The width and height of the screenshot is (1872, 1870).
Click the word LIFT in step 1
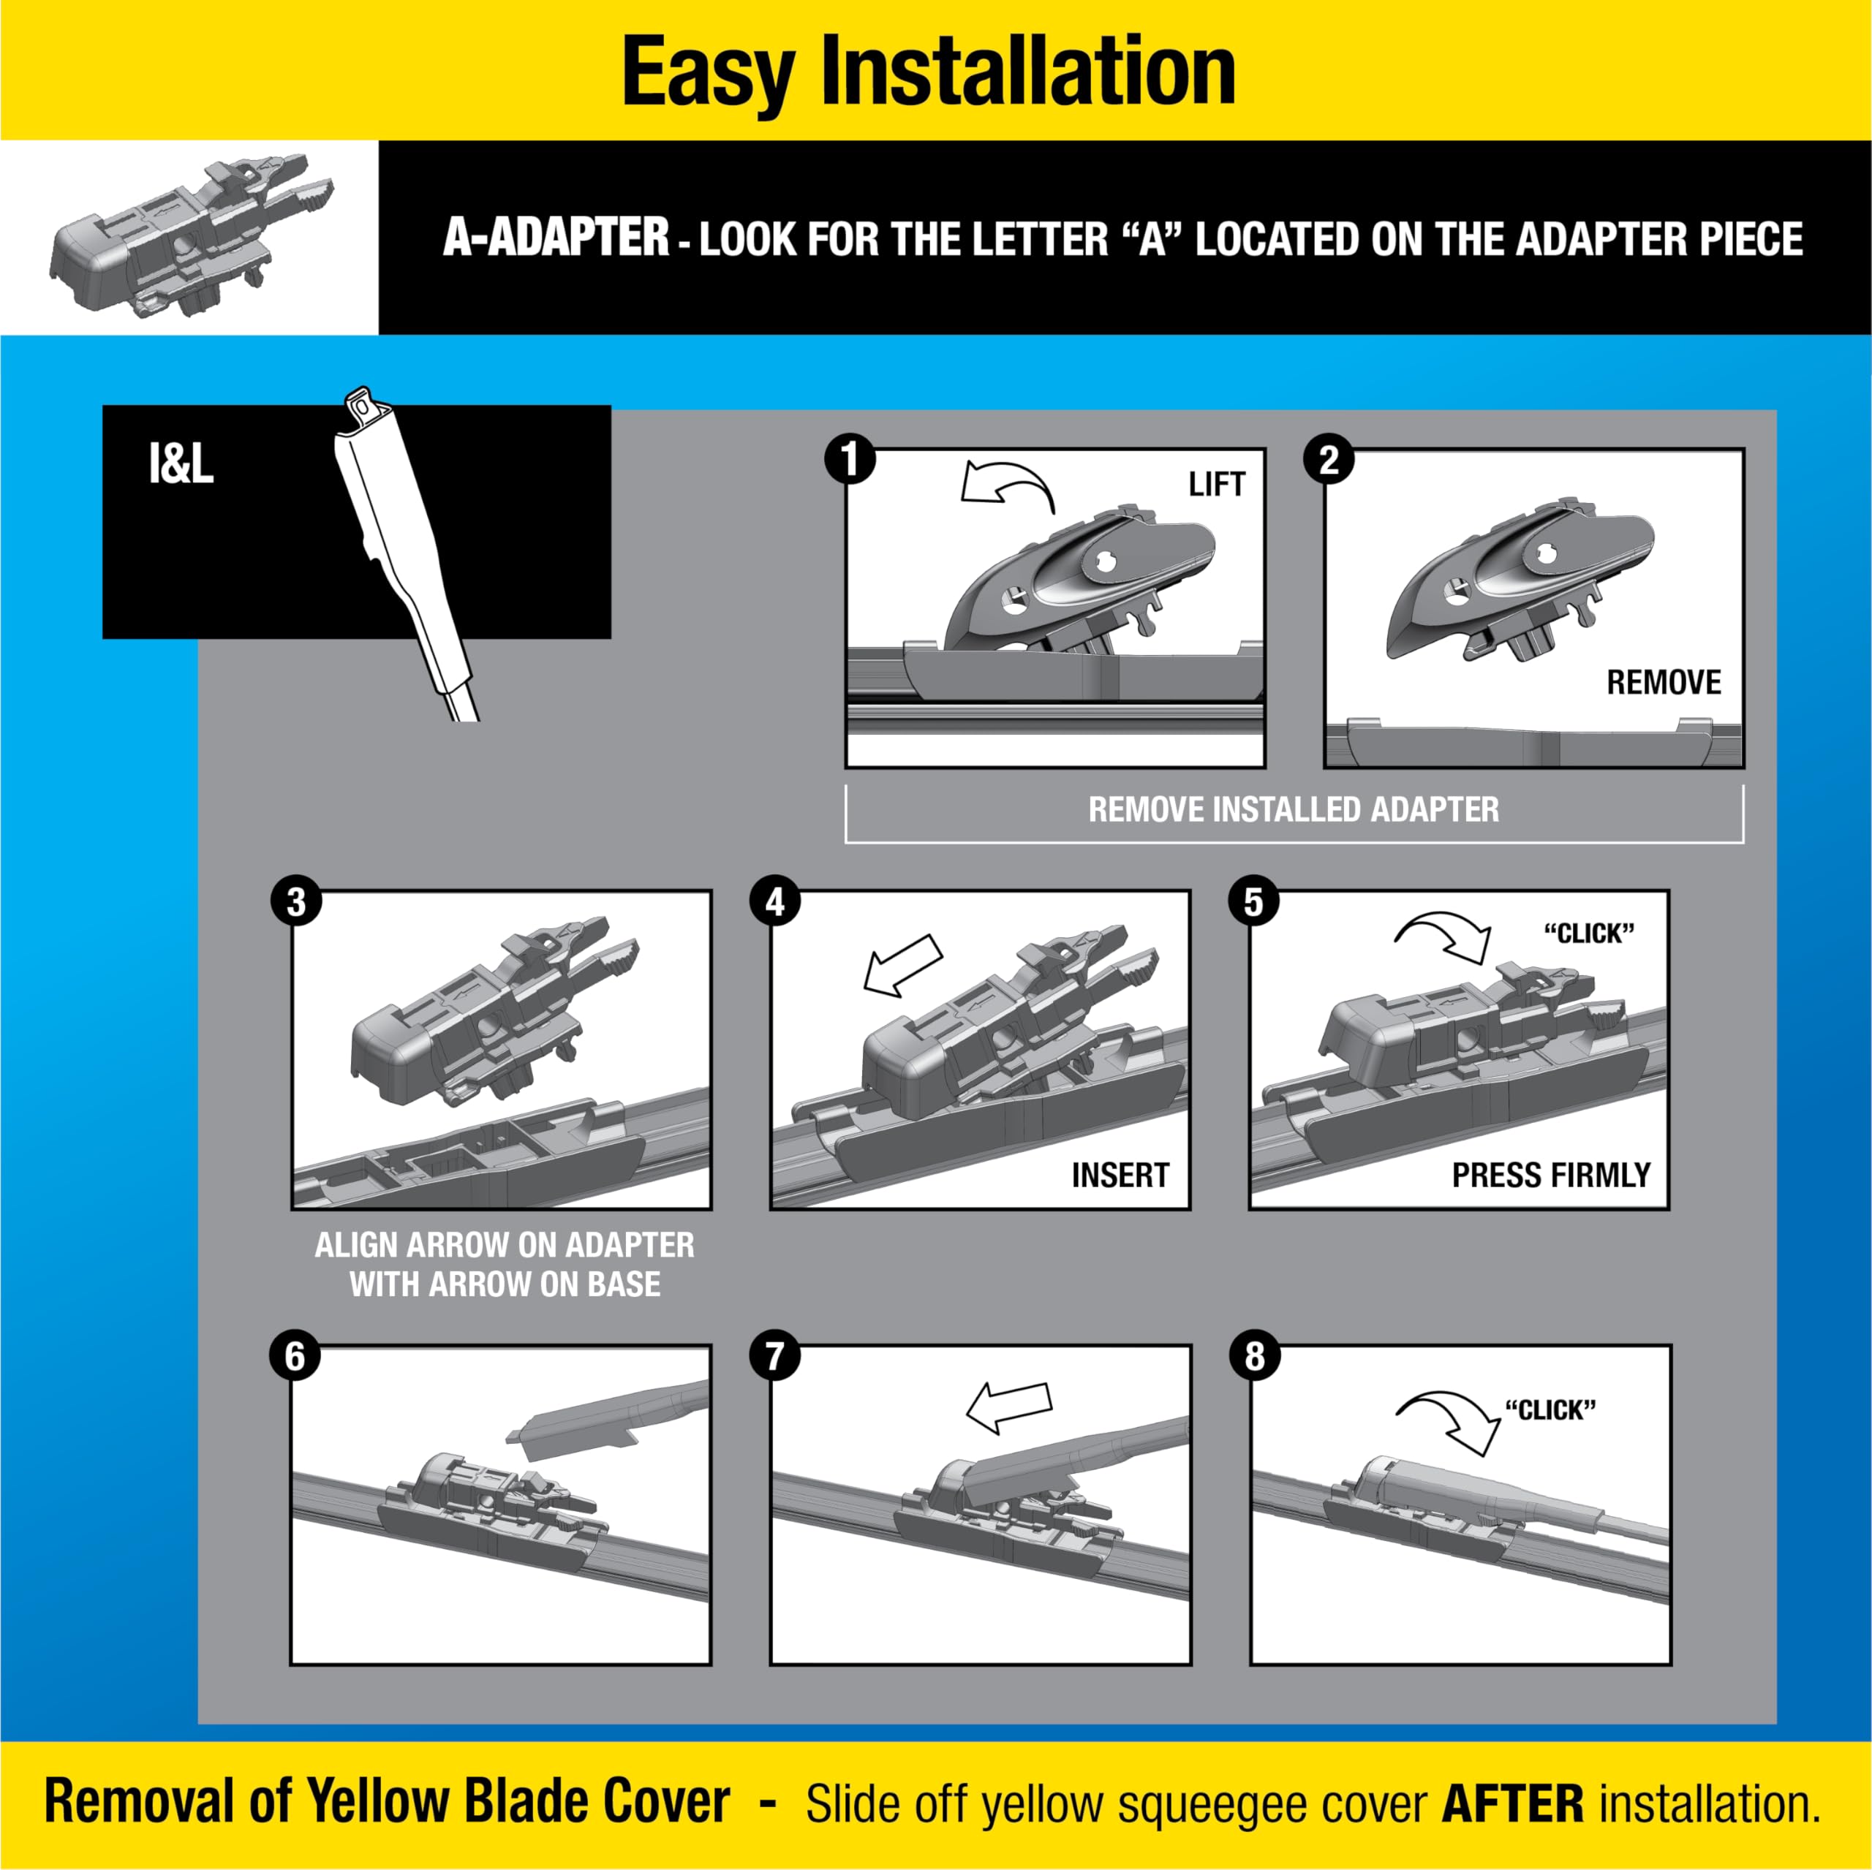(x=1216, y=485)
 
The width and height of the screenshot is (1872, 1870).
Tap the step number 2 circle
(x=1329, y=459)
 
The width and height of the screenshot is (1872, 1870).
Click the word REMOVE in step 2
(x=1663, y=682)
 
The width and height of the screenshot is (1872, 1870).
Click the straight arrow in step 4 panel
(x=902, y=965)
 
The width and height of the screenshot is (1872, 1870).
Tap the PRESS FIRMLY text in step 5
(x=1550, y=1176)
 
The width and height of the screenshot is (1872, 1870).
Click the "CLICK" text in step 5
(x=1588, y=934)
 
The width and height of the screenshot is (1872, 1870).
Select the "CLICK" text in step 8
(x=1550, y=1411)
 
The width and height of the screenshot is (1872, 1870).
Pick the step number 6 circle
(x=295, y=1357)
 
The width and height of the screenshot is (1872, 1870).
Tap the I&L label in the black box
(x=181, y=464)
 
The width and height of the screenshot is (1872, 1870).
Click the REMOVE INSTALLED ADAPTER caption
(x=1293, y=810)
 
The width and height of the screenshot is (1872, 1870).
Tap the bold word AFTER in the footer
(x=1512, y=1804)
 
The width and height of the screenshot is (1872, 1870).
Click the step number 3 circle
(x=295, y=902)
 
